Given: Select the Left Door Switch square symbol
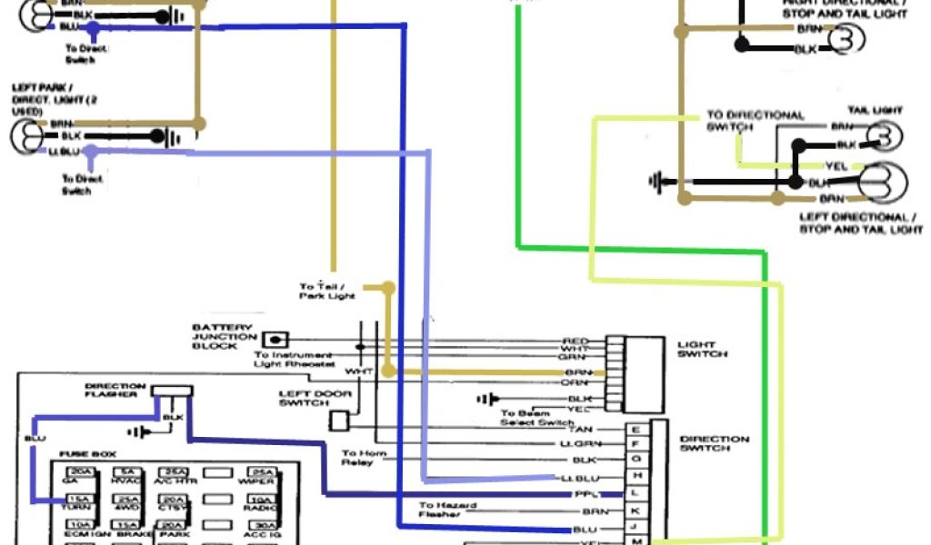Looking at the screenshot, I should [x=338, y=420].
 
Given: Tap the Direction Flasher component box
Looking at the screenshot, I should [x=172, y=391].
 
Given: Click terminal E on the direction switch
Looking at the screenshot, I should [x=635, y=430].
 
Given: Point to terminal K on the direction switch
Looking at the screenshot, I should [x=635, y=511].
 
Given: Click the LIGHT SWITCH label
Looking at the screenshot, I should [x=702, y=350].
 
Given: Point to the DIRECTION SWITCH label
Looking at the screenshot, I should [x=715, y=444].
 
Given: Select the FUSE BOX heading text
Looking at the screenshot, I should [x=87, y=453].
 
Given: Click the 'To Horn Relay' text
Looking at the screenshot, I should [x=364, y=458].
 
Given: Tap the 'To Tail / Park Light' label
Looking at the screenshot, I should [x=327, y=292].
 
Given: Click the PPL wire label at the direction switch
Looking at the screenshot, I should [x=582, y=495].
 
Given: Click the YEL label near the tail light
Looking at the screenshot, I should [x=836, y=166].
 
